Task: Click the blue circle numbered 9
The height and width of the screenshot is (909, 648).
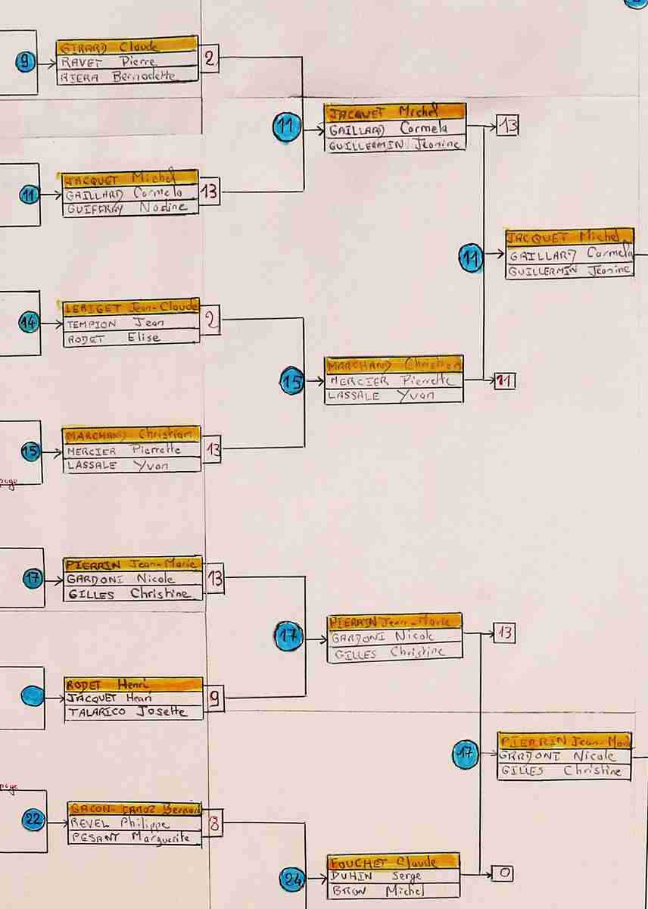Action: [x=26, y=63]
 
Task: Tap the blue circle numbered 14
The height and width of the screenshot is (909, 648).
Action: [x=29, y=323]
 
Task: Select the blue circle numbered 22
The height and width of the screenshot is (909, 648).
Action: [x=34, y=819]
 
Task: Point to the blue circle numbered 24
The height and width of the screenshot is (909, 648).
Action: [x=292, y=879]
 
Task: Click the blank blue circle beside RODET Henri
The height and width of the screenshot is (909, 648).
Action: [x=33, y=695]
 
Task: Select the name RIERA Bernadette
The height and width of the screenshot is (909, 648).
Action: [x=117, y=77]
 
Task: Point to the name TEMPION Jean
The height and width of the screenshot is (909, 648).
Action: [x=115, y=323]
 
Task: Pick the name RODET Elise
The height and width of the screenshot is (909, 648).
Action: [x=114, y=338]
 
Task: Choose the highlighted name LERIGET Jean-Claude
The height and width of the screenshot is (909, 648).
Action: [x=132, y=307]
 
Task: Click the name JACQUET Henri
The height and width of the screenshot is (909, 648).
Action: [x=109, y=698]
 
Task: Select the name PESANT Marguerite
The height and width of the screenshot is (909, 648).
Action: [x=132, y=838]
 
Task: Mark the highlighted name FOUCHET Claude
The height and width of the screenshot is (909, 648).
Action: [x=393, y=861]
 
